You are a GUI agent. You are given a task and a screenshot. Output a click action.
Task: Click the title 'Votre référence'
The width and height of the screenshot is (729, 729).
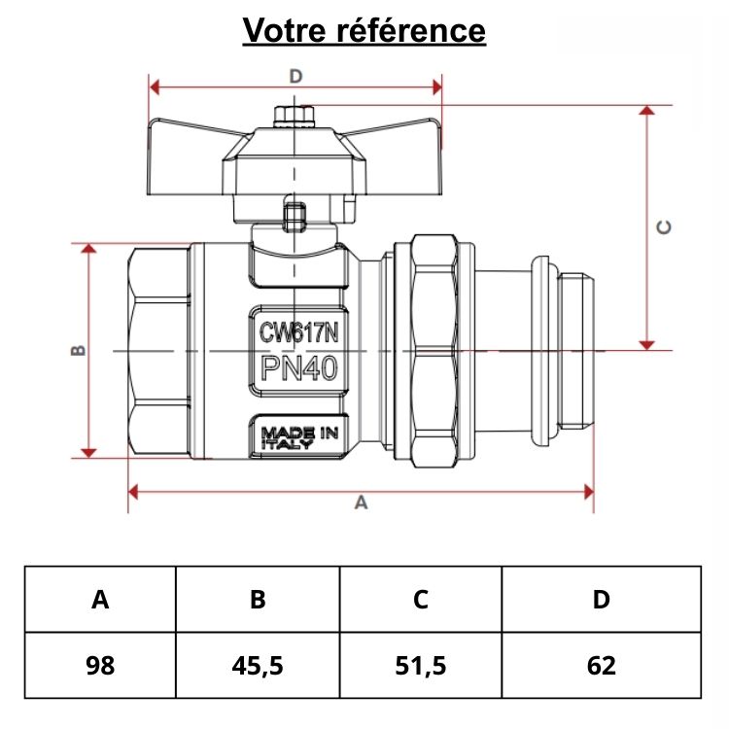point(364,30)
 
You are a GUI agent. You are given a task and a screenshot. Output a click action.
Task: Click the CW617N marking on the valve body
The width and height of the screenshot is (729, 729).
point(298,332)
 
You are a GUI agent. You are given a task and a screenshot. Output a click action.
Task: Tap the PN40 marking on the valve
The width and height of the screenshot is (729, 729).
point(298,369)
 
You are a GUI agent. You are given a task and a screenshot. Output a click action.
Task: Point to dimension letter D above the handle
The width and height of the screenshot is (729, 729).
point(296,76)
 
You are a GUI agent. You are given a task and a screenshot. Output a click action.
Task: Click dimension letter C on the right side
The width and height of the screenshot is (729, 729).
point(664,226)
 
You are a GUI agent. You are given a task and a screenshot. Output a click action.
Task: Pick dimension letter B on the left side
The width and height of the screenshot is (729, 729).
point(79,350)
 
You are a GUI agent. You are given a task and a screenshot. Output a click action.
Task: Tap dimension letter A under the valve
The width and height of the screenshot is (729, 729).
point(362,503)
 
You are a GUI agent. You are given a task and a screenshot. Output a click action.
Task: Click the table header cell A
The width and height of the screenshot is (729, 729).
point(100,600)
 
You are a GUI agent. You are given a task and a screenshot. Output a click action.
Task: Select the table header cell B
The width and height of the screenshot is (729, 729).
point(258,600)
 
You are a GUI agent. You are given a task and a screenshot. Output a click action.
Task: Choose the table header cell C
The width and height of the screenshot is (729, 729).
point(420,600)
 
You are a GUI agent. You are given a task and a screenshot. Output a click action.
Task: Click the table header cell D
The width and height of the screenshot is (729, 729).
point(602,600)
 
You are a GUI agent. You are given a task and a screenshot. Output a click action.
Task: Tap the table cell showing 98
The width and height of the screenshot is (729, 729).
point(100,666)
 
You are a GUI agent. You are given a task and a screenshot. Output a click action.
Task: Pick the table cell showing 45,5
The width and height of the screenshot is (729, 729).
point(258,666)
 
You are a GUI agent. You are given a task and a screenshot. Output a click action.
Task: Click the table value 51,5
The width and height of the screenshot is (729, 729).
point(420,666)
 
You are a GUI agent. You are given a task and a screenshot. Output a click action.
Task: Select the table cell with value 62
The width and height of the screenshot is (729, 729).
point(602,666)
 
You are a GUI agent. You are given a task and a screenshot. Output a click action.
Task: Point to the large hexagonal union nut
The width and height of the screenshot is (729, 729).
point(434,350)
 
